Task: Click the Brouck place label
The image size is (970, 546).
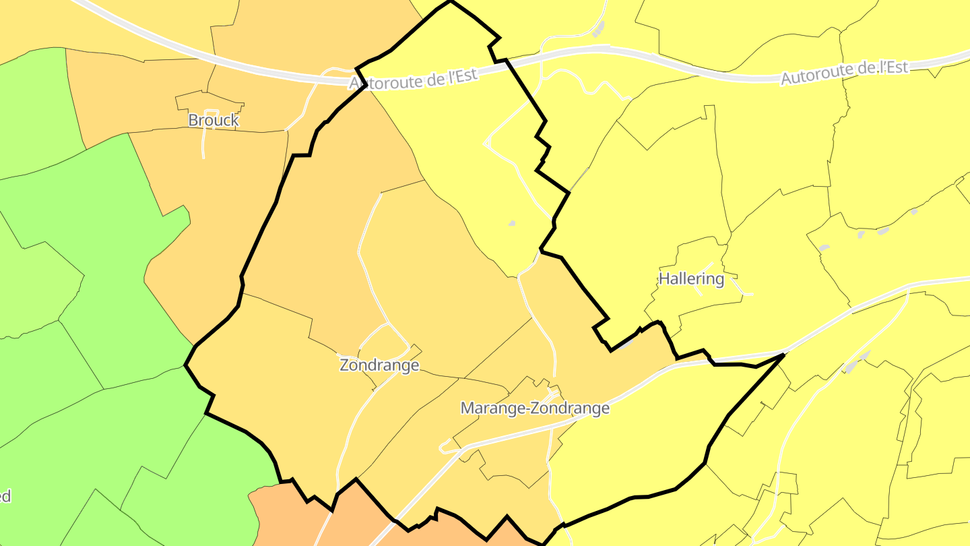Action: click(x=213, y=120)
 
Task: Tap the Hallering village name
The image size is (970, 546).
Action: click(x=691, y=278)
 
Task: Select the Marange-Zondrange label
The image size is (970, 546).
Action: click(x=535, y=408)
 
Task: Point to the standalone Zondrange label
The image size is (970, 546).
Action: click(x=379, y=365)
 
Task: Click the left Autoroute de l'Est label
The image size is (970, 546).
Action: click(x=414, y=78)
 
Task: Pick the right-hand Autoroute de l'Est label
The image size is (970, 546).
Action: click(x=845, y=72)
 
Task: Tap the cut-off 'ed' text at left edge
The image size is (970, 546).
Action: click(x=5, y=497)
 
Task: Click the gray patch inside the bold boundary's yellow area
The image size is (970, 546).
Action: click(x=512, y=223)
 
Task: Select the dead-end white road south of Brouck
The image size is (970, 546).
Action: click(x=203, y=142)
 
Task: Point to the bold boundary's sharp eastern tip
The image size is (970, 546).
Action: click(x=783, y=355)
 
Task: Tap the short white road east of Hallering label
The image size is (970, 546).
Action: click(x=743, y=289)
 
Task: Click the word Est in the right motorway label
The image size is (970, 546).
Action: click(x=896, y=67)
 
